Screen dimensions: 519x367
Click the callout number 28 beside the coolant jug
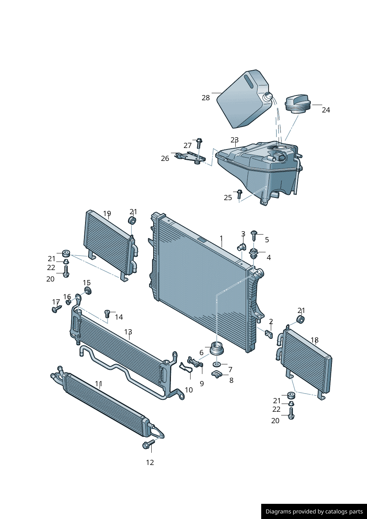(206, 98)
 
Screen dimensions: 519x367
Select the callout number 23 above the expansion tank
(235, 140)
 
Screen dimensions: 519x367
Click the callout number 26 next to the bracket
(165, 158)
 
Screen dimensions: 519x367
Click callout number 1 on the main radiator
(221, 238)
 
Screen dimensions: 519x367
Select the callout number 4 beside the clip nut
(269, 257)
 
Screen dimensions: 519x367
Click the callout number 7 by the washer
(230, 370)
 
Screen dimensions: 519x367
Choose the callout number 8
(231, 380)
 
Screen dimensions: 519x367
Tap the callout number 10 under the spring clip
(189, 390)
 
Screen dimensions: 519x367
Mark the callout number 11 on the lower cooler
(98, 384)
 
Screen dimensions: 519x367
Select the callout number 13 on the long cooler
(128, 332)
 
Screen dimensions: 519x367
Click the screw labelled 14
(108, 314)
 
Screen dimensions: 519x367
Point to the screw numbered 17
(57, 308)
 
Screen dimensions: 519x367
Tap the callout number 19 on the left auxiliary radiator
(107, 213)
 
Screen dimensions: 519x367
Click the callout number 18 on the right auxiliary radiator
(314, 340)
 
